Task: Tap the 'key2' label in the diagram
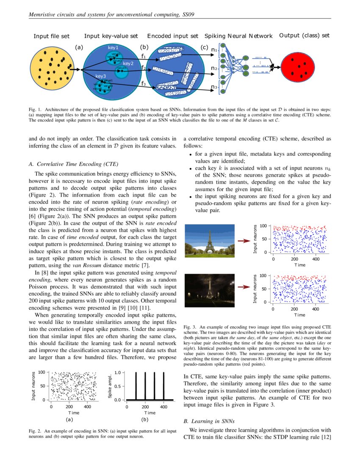click(128, 64)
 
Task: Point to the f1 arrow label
click(144, 55)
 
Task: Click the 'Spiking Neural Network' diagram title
click(238, 36)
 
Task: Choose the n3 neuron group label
click(214, 88)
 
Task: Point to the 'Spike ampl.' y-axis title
click(110, 386)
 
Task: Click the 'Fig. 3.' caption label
click(190, 327)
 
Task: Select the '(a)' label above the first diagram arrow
click(79, 47)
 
